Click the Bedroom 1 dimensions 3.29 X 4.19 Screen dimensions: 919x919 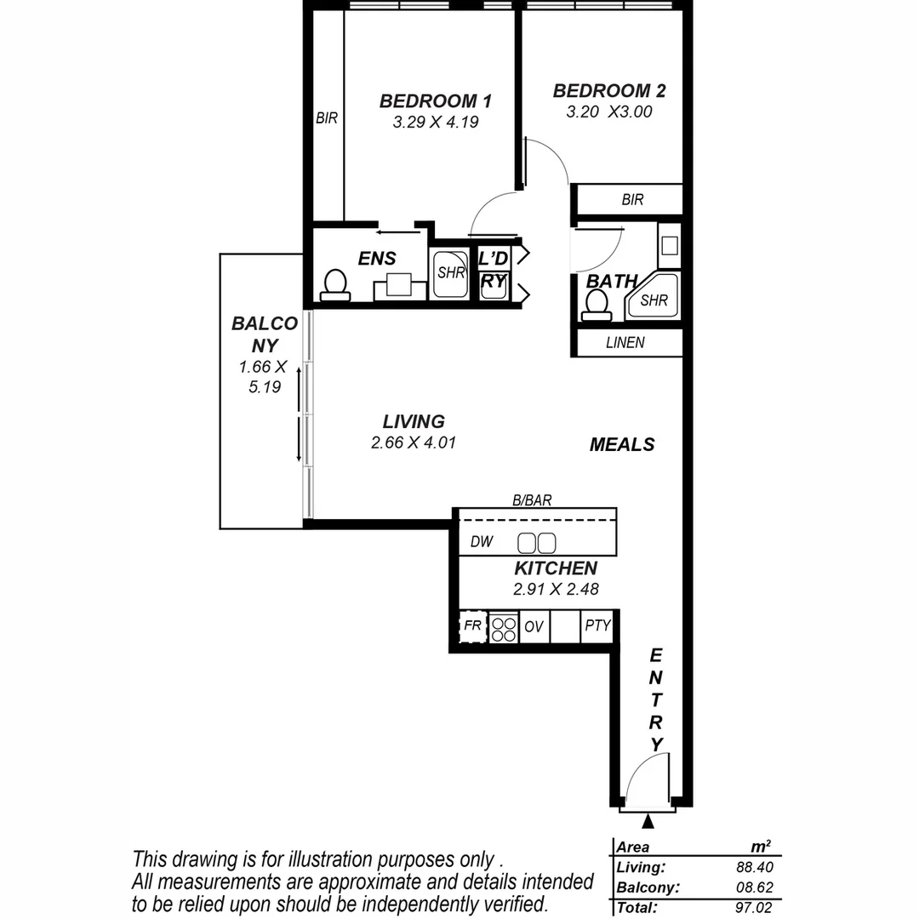(435, 122)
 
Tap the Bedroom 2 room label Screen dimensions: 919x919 (608, 91)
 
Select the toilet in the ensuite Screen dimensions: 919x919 (335, 284)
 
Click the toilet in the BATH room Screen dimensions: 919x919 (596, 304)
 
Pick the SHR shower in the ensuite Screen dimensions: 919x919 (450, 273)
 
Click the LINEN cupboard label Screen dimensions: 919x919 (625, 343)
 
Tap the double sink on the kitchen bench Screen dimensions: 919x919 (537, 542)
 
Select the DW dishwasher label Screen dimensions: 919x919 (482, 542)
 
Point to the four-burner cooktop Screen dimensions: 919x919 (504, 627)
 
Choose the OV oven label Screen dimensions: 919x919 (534, 627)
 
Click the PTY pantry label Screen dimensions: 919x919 (598, 626)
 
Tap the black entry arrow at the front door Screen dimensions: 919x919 (648, 821)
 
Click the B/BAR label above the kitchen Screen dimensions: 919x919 (532, 501)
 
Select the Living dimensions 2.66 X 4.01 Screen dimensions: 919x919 (413, 442)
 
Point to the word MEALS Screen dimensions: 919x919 (622, 444)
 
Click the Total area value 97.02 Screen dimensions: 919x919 (753, 908)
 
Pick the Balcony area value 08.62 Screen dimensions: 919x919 (754, 888)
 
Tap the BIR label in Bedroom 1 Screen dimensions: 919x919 (327, 119)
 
